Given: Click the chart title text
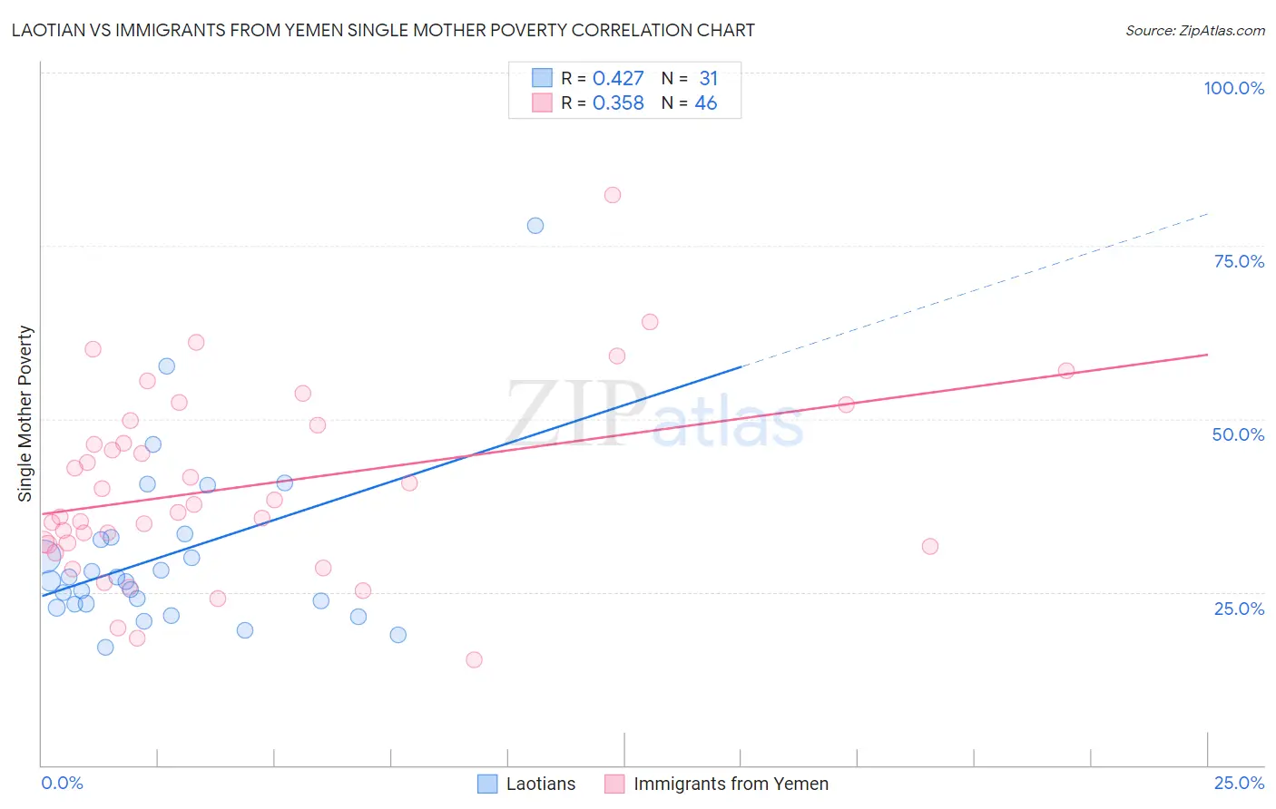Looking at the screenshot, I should (x=383, y=30).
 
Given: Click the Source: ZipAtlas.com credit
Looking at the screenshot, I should (x=1194, y=30).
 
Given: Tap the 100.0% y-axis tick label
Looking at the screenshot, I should (x=1233, y=88).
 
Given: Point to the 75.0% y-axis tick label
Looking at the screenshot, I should (x=1239, y=261).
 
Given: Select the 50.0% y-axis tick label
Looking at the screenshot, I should (x=1238, y=434).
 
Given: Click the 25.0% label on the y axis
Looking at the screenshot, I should (x=1239, y=608).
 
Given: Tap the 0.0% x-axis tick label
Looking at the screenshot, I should (x=62, y=783).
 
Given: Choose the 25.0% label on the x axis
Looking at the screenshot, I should (x=1239, y=783).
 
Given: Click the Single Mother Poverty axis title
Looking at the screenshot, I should (x=25, y=414).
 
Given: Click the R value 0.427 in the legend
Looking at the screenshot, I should (x=618, y=79).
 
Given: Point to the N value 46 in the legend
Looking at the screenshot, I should (x=705, y=103).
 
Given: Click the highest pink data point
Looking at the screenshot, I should (x=613, y=195).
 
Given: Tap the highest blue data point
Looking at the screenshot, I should (x=535, y=226).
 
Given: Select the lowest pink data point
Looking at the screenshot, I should (x=474, y=659).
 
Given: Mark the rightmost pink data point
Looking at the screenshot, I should (x=1066, y=371).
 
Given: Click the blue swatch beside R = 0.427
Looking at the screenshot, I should (x=542, y=78).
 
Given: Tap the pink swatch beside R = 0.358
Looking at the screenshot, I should (x=542, y=102).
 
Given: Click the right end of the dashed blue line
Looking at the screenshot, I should (x=1208, y=213).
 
